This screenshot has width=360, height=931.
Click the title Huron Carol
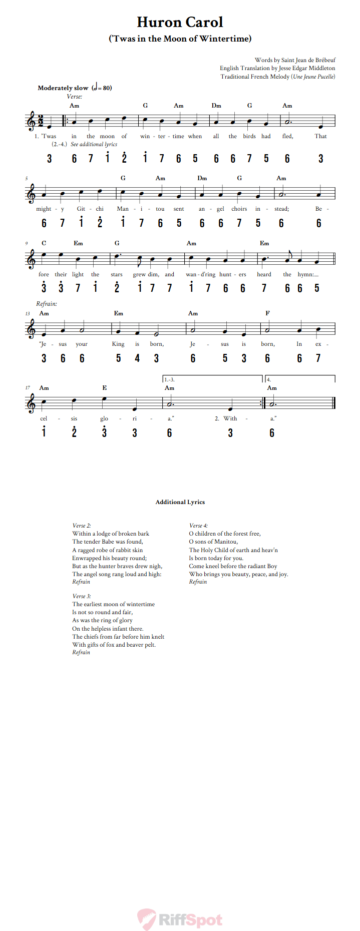180,22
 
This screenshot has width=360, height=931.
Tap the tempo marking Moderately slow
63,88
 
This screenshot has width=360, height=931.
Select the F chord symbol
267,313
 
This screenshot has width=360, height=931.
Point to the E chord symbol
104,388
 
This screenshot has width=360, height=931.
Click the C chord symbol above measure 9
44,243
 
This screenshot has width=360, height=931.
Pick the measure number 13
28,314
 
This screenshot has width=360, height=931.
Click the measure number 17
28,388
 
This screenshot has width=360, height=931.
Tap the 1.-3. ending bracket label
169,380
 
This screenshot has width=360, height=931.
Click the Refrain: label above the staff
47,304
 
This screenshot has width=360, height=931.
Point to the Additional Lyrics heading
180,502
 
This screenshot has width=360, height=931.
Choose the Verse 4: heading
198,526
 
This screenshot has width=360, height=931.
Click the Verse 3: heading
82,596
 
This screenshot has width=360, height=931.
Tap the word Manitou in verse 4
226,542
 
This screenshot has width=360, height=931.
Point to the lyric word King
118,344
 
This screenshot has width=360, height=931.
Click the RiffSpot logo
180,919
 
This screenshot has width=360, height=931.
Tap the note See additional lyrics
94,144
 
